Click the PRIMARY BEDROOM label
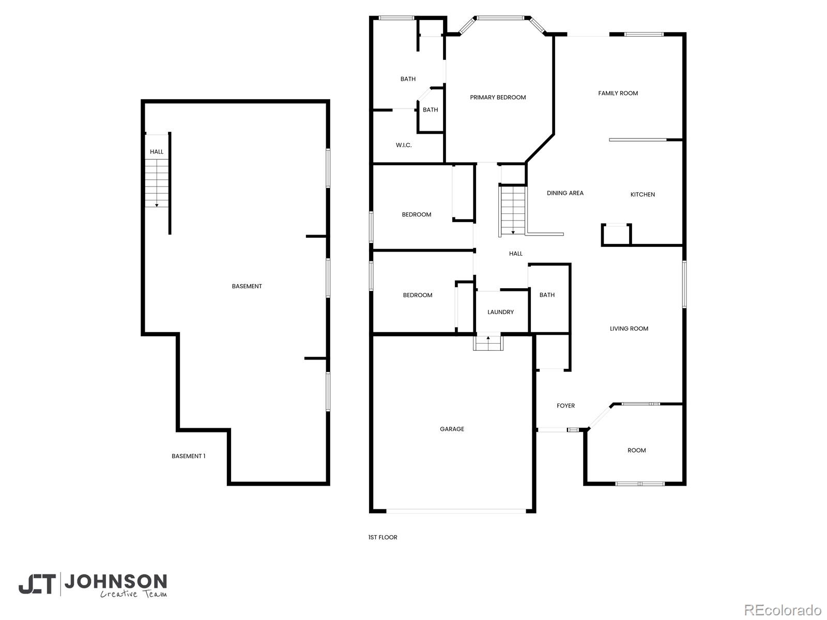tap(497, 97)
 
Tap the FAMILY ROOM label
tap(618, 93)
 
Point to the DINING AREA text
tap(565, 193)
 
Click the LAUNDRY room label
tap(500, 312)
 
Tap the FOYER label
tap(565, 406)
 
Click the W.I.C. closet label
tap(403, 145)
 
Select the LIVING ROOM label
tap(629, 328)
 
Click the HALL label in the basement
tap(157, 151)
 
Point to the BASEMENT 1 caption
tap(188, 456)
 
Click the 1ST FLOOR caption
tap(382, 537)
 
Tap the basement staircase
tap(157, 183)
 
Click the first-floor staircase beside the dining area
tap(512, 211)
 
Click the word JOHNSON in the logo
tap(115, 581)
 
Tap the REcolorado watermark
tap(783, 610)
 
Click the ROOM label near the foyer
tap(636, 450)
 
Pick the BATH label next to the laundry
tap(546, 295)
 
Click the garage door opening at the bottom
tap(456, 511)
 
